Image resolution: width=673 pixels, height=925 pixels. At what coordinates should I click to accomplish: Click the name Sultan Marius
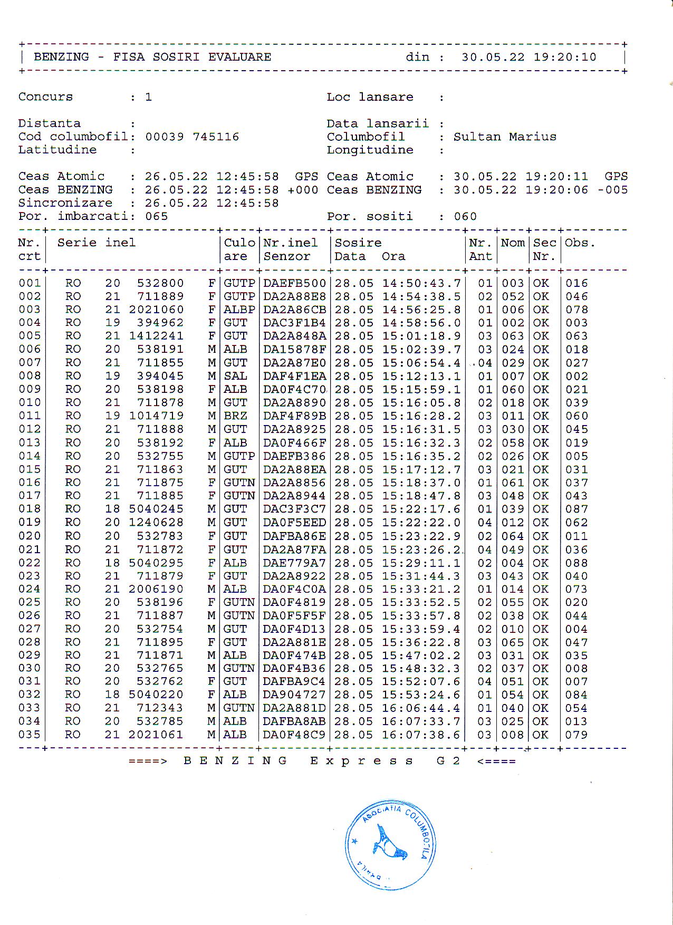coord(505,137)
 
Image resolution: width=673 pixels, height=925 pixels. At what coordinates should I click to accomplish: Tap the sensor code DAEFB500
coord(294,283)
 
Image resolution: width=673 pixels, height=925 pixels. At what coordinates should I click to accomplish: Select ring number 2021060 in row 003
coord(157,310)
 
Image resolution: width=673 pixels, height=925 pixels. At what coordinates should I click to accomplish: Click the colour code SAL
coord(235,376)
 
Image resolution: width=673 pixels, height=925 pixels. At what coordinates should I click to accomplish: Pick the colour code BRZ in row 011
coord(235,416)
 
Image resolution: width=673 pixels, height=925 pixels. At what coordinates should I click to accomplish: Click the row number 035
coord(30,735)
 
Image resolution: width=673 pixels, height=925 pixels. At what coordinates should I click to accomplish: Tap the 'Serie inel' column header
coord(96,243)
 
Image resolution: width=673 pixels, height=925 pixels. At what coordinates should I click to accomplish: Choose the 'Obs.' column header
coord(580,243)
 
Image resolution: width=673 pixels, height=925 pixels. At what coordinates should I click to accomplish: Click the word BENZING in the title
coord(61,57)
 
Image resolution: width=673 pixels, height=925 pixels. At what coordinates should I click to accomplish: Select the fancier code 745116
coord(216,137)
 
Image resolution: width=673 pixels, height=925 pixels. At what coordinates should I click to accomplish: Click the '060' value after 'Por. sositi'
coord(465,217)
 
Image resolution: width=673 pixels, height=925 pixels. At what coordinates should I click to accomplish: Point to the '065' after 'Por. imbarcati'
coord(157,217)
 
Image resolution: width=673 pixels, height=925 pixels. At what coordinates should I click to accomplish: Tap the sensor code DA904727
coord(294,695)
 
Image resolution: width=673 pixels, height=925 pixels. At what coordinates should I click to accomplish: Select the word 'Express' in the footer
coord(361,761)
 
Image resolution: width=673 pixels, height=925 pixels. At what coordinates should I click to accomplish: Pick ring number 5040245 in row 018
coord(157,509)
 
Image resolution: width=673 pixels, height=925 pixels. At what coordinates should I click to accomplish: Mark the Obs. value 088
coord(576,563)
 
